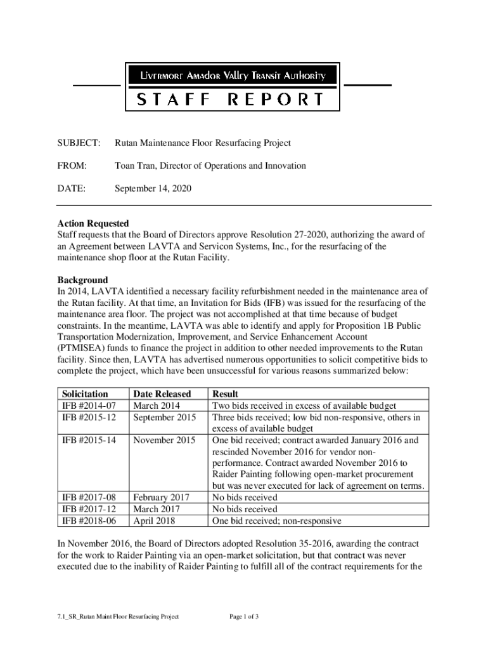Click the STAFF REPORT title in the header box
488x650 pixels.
(x=232, y=99)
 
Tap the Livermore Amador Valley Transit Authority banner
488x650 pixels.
(x=232, y=76)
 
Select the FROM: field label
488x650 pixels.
(x=72, y=166)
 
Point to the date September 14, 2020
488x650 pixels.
(x=153, y=189)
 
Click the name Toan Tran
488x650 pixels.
(x=134, y=166)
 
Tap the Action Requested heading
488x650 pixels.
(x=93, y=223)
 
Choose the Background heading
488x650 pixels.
(x=82, y=280)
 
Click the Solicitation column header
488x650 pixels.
(x=85, y=394)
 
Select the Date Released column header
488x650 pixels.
(x=162, y=394)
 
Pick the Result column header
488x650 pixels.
(x=226, y=394)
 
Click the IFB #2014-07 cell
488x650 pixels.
(x=89, y=406)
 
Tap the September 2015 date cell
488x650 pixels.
(x=164, y=417)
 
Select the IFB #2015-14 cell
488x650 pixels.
(x=89, y=440)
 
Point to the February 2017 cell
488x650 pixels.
(x=161, y=498)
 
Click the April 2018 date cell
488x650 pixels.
(x=155, y=521)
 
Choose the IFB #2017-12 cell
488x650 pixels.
(x=89, y=509)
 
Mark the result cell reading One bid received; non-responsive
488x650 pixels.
(x=276, y=521)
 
